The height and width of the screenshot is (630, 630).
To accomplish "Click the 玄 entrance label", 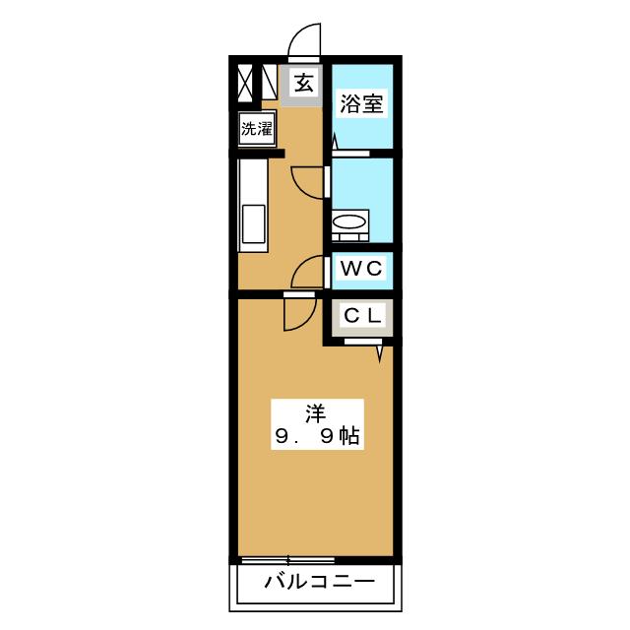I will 304,83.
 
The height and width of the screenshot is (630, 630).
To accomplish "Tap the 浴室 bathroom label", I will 361,103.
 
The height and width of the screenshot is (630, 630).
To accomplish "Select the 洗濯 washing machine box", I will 257,128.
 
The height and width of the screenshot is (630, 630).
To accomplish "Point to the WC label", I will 361,268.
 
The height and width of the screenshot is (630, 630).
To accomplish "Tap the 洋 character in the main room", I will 314,410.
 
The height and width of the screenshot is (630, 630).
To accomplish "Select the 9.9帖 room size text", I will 314,434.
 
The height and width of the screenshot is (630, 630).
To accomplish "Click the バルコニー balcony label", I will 319,583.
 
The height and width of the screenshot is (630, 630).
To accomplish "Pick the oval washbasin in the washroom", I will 348,225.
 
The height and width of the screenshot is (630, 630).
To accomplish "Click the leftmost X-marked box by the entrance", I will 242,83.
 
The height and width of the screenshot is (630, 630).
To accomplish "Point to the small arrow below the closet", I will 379,351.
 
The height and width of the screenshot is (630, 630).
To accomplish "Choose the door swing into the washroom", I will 310,181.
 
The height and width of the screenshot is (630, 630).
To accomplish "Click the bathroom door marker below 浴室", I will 335,144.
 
